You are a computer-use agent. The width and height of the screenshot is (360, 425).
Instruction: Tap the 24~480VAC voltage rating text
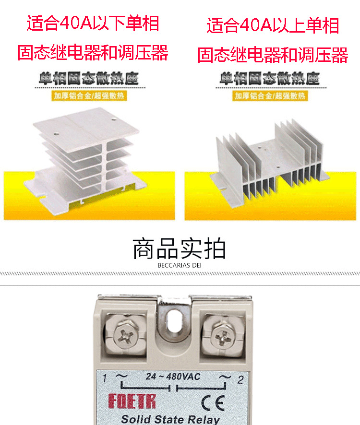[173, 377]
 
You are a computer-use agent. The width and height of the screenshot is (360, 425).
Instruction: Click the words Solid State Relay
[170, 418]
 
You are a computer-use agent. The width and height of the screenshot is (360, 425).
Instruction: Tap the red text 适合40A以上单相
[273, 25]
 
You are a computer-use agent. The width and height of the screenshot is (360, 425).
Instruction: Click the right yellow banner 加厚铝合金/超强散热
[270, 95]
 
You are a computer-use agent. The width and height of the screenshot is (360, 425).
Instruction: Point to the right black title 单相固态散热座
[270, 79]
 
